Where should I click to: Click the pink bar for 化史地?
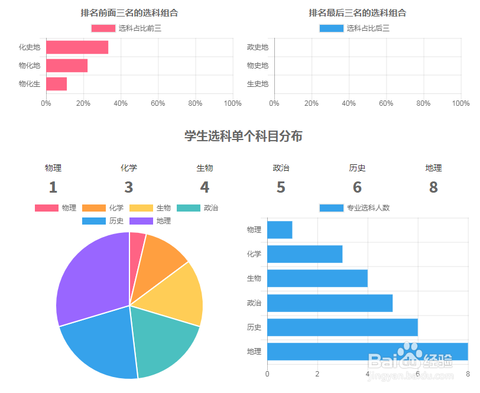[x=77, y=47]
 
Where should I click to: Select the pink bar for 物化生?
[x=56, y=84]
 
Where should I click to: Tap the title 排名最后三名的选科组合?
[x=357, y=13]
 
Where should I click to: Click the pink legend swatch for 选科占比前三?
[x=103, y=28]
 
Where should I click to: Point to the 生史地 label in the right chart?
[x=257, y=84]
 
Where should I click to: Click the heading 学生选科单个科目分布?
[x=244, y=137]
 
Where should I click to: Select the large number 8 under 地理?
[x=433, y=187]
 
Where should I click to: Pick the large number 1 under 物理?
[x=53, y=187]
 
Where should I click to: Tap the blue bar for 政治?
[x=329, y=303]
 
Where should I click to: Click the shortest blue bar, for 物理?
[x=280, y=230]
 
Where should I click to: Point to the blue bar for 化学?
[x=304, y=254]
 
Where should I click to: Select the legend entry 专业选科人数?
[x=354, y=208]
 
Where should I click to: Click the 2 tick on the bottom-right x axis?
[x=317, y=373]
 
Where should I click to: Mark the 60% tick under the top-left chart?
[x=158, y=103]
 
